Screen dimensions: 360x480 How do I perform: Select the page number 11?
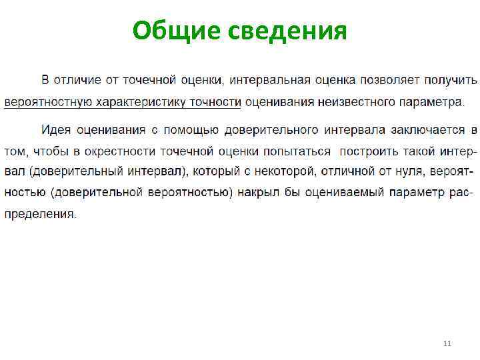click(x=447, y=343)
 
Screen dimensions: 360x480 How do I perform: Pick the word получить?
click(x=450, y=81)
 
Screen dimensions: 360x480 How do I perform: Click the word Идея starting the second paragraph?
click(x=55, y=128)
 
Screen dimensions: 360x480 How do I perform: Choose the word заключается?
click(x=427, y=128)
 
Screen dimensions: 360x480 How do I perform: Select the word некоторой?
click(x=281, y=171)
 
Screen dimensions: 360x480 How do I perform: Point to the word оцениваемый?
click(x=347, y=193)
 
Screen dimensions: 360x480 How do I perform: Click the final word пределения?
click(x=41, y=215)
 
